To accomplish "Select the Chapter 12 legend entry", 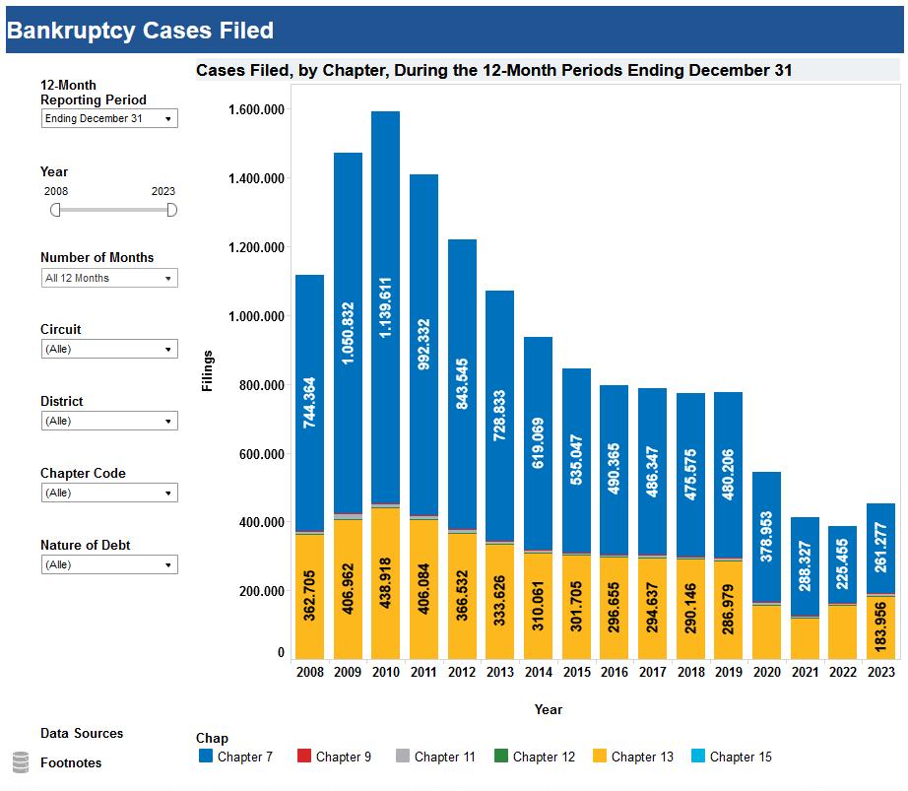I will (534, 757).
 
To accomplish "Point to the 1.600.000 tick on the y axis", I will (256, 109).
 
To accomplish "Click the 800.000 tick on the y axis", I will (260, 385).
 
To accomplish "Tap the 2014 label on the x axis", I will (538, 673).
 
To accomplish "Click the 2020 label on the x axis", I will (766, 673).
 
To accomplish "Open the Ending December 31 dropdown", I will (109, 119).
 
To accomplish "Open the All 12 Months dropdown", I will (109, 279).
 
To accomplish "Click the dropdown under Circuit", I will (109, 350).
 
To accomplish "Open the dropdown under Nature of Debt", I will (109, 565).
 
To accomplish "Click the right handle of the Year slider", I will (172, 210).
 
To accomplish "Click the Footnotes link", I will (71, 763).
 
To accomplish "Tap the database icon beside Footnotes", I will (21, 762).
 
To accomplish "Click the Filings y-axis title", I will (207, 370).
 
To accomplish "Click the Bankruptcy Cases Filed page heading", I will (140, 31).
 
